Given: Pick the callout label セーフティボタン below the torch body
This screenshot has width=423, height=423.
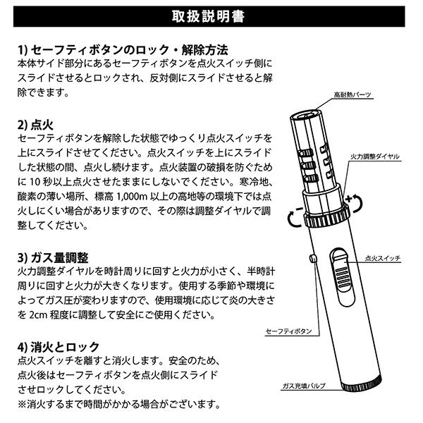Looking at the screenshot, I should [285, 330].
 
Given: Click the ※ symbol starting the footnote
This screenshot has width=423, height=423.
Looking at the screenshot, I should [21, 405].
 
